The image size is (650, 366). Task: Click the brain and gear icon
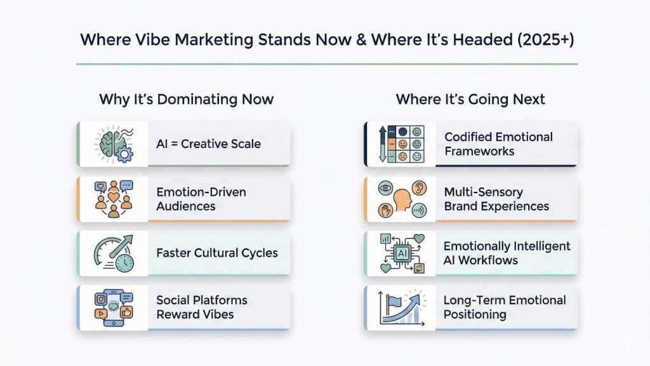tap(113, 144)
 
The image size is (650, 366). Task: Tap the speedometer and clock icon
tap(113, 253)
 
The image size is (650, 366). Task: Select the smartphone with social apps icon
tap(113, 308)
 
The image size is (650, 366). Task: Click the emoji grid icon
tap(400, 144)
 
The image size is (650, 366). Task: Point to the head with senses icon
tap(400, 199)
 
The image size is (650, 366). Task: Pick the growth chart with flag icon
tap(400, 308)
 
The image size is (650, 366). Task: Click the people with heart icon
tap(113, 199)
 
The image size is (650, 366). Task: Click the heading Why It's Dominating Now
tap(186, 99)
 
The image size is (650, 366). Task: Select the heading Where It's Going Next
tap(470, 99)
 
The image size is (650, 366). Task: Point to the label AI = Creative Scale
tap(208, 144)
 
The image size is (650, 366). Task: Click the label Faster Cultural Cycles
tap(217, 253)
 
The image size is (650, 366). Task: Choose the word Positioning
tap(474, 315)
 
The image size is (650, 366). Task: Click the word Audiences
tap(185, 206)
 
